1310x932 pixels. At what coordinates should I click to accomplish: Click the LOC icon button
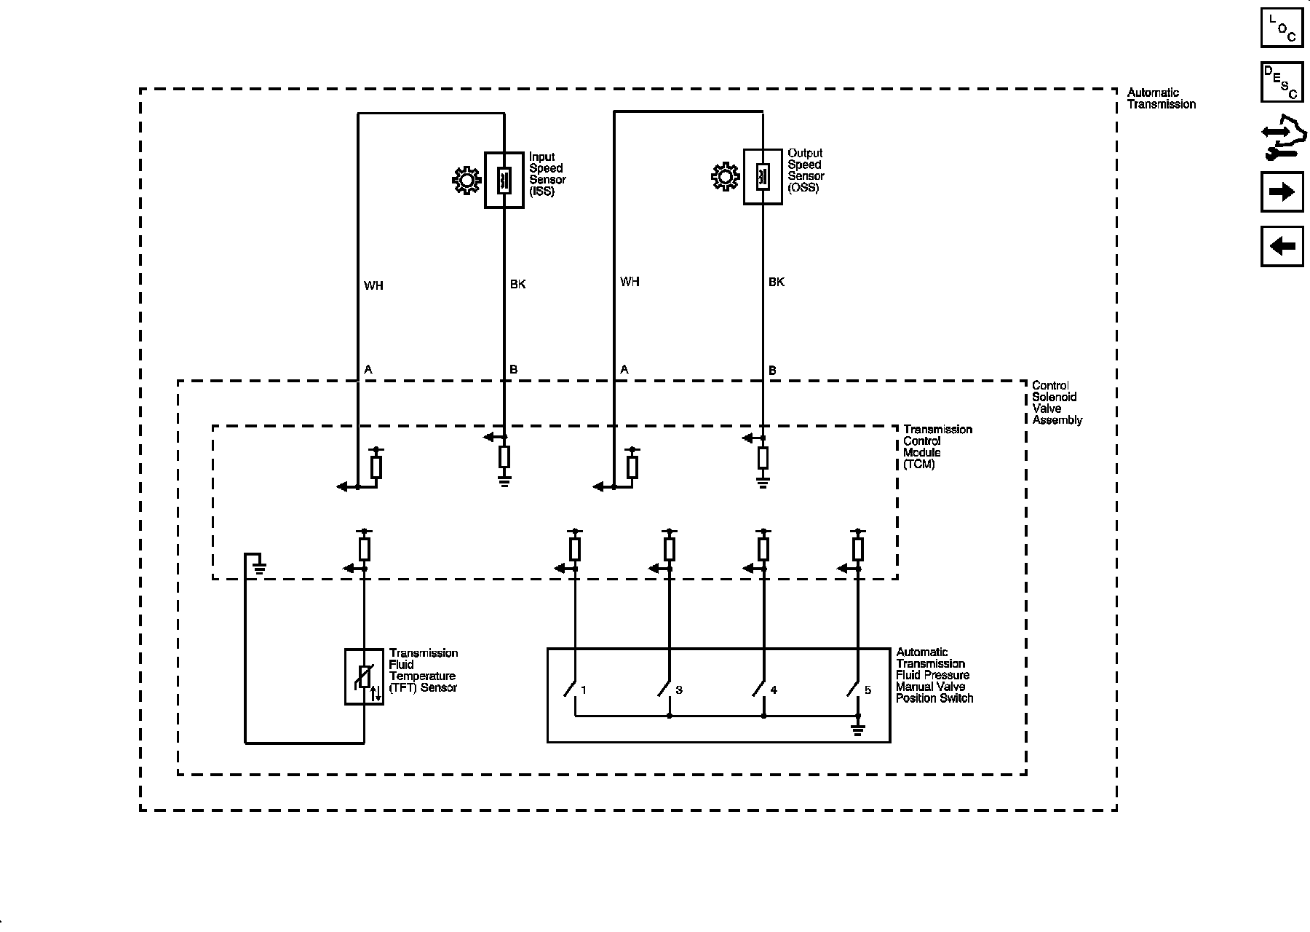coord(1282,28)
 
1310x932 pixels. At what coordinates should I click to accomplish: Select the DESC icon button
coord(1282,82)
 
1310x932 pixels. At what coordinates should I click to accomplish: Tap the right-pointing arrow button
coord(1282,192)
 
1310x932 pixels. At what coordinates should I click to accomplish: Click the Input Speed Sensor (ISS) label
coord(547,174)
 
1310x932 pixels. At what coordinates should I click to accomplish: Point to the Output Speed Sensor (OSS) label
coord(806,170)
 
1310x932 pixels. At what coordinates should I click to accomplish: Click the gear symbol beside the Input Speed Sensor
coord(466,181)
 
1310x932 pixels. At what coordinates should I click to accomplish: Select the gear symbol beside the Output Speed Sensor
coord(725,177)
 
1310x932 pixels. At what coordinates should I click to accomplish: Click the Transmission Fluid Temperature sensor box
coord(364,676)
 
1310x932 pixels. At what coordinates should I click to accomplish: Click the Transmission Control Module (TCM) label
coord(937,446)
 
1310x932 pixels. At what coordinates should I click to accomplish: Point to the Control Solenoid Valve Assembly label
coord(1057,403)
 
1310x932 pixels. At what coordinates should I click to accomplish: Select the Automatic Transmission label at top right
coord(1161,98)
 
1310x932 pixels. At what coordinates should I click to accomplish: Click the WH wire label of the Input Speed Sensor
coord(373,285)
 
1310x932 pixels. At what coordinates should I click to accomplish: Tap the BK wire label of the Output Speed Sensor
coord(777,282)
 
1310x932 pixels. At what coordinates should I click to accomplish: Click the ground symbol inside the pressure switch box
coord(858,729)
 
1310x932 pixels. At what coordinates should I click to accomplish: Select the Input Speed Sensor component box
coord(504,181)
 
